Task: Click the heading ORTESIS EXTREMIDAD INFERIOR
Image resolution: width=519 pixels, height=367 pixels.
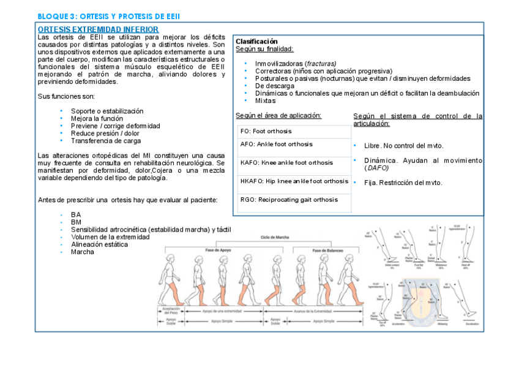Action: pyautogui.click(x=98, y=29)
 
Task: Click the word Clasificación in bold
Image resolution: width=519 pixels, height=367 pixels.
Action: pyautogui.click(x=256, y=41)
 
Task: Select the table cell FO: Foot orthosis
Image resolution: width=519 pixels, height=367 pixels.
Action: pyautogui.click(x=266, y=131)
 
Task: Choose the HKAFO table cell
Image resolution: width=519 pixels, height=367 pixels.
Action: pyautogui.click(x=294, y=181)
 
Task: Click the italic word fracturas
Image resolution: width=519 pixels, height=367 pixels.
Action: pyautogui.click(x=321, y=64)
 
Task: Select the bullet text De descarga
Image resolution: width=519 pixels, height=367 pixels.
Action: pyautogui.click(x=275, y=86)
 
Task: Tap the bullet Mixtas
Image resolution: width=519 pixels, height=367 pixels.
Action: pyautogui.click(x=265, y=100)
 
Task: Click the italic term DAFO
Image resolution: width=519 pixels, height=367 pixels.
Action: pyautogui.click(x=376, y=168)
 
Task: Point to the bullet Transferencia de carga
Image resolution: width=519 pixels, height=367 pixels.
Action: pyautogui.click(x=106, y=140)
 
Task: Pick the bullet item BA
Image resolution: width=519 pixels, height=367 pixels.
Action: pyautogui.click(x=76, y=214)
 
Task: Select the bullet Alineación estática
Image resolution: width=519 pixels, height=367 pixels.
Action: pyautogui.click(x=99, y=244)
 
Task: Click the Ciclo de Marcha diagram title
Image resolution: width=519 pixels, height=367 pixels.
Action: pyautogui.click(x=274, y=237)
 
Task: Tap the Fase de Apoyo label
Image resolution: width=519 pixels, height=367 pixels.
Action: pyautogui.click(x=218, y=251)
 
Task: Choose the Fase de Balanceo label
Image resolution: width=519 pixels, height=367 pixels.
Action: pyautogui.click(x=329, y=251)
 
